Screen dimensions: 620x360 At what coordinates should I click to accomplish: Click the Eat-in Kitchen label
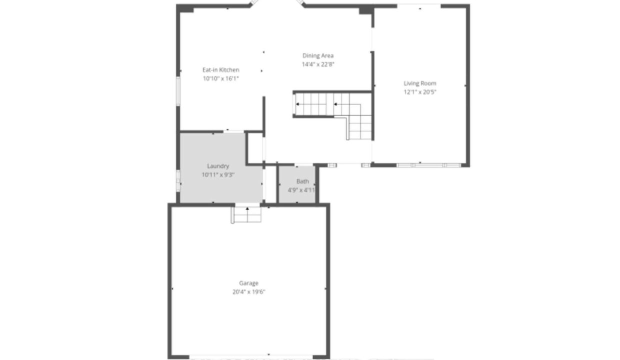pos(220,69)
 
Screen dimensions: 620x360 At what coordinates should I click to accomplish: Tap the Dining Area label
pos(318,55)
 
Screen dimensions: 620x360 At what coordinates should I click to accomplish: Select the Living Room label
pos(420,83)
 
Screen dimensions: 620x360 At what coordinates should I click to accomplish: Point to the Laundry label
pos(218,166)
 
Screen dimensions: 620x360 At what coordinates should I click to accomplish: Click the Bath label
pos(302,181)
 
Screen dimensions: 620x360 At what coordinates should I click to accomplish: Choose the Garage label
pos(248,283)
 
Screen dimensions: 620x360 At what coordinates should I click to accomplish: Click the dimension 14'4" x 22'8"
pos(318,64)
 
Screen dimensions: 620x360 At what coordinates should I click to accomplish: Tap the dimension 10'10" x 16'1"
pos(220,78)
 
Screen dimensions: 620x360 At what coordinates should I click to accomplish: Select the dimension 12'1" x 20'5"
pos(420,92)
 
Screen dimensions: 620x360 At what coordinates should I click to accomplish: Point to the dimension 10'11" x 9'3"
pos(218,174)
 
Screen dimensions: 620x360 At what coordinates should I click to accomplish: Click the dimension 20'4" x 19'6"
pos(248,291)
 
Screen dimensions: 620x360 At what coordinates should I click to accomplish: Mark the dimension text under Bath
pos(301,190)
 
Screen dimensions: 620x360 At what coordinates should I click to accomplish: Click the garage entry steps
pos(246,214)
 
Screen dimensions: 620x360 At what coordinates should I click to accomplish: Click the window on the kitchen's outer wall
pos(178,91)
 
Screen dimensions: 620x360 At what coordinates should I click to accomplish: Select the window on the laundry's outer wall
pos(178,180)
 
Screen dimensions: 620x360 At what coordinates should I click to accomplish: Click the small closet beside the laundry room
pos(255,148)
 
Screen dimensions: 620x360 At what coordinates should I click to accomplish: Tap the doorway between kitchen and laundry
pos(233,131)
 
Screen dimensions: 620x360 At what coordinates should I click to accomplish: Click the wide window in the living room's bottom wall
pos(428,165)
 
